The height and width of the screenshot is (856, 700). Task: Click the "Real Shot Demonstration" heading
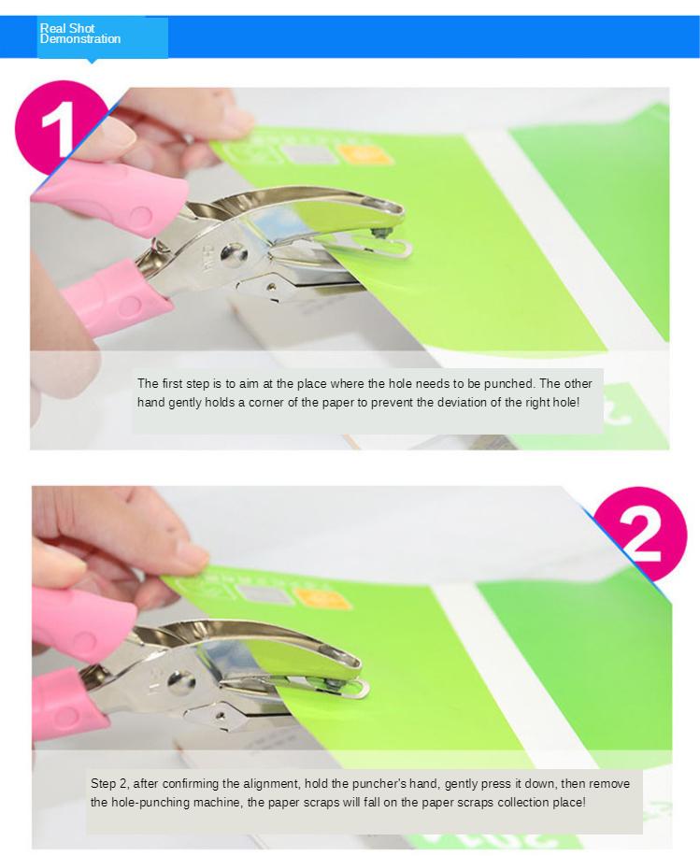pyautogui.click(x=80, y=34)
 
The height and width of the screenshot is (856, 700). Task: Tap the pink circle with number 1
pyautogui.click(x=60, y=128)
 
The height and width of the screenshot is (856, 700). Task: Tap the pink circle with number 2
pyautogui.click(x=640, y=535)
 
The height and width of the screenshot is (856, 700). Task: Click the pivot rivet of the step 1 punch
pyautogui.click(x=233, y=254)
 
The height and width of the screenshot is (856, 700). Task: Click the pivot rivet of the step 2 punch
pyautogui.click(x=182, y=683)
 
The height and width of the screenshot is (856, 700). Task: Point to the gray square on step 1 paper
pyautogui.click(x=309, y=153)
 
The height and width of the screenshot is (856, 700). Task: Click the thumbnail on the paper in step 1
pyautogui.click(x=257, y=151)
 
